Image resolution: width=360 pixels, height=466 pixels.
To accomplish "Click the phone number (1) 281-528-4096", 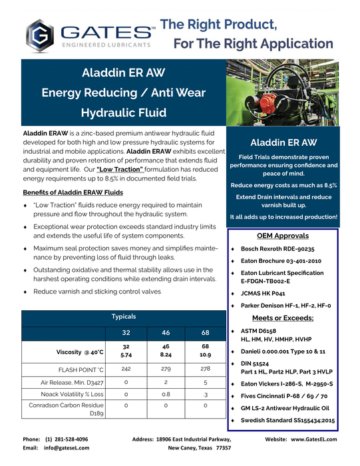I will click(67, 439).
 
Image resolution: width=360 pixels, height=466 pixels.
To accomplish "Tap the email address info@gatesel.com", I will click(67, 449).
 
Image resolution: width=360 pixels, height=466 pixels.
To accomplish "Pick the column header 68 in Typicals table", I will click(206, 332).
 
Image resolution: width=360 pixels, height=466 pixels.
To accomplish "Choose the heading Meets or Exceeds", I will click(283, 318).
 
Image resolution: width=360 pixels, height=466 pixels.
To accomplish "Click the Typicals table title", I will click(124, 316).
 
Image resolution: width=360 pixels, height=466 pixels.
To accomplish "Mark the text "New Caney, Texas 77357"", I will click(199, 449).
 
